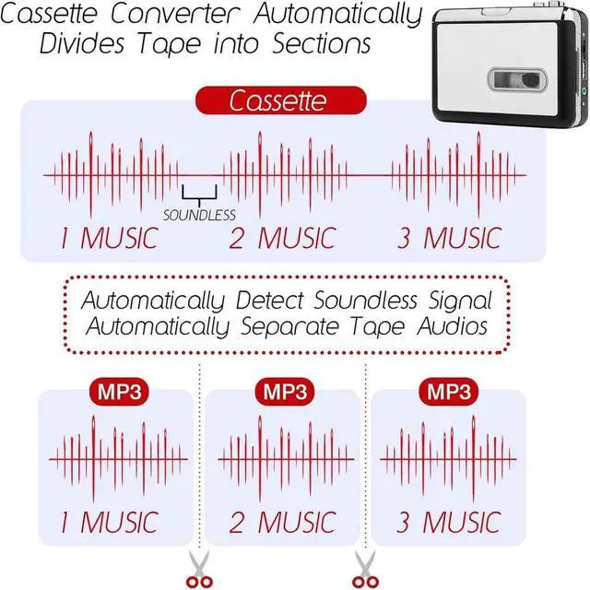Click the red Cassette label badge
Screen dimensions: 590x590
[261, 100]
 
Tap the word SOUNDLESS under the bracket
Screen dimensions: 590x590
[200, 216]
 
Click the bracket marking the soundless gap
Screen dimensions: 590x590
[200, 194]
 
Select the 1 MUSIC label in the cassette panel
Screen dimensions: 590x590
[109, 238]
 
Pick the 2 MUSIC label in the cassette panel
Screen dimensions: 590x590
[281, 238]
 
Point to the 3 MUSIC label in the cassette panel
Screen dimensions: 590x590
[448, 238]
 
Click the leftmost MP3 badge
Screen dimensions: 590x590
[117, 392]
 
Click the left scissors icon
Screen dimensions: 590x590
[198, 568]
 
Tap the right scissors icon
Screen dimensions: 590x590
[364, 568]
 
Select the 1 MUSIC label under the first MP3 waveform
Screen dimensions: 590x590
[109, 522]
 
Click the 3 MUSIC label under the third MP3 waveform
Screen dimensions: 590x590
[448, 522]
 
